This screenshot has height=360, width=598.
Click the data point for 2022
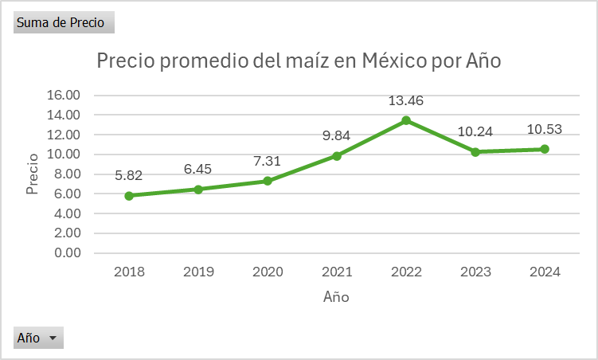coord(405,120)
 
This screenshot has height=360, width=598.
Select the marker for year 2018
coord(129,195)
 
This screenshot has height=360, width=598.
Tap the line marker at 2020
coord(268,181)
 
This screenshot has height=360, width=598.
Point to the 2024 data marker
coord(544,149)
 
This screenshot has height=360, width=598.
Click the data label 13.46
coord(405,101)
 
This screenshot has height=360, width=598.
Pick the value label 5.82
coord(129,176)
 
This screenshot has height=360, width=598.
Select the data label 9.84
coord(337,136)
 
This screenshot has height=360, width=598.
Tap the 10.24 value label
coord(475,132)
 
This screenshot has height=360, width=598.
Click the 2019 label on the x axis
coord(198,272)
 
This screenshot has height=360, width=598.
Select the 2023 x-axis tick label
coord(475,272)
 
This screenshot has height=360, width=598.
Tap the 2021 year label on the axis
coord(337,272)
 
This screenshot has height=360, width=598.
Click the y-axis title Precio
coord(33,174)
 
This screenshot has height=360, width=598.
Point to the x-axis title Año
coord(336,297)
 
